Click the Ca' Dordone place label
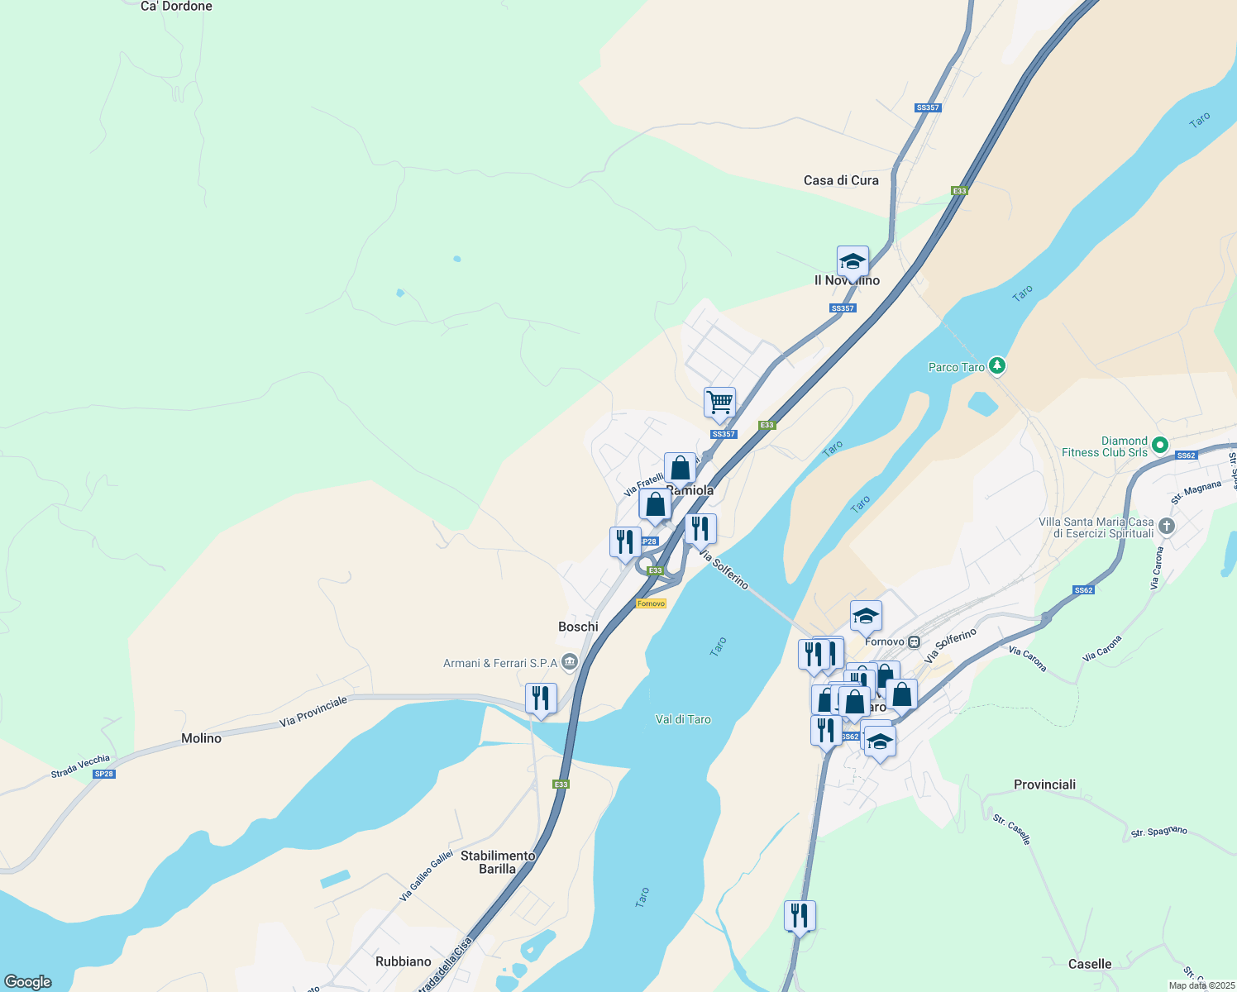point(176,7)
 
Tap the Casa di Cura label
point(841,180)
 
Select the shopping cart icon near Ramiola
point(719,403)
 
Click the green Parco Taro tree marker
point(998,365)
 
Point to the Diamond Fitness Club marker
point(1160,445)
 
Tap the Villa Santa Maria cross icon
point(1166,526)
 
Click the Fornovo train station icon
point(914,641)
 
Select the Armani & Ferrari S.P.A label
point(500,663)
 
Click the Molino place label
point(201,738)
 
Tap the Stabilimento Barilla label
point(498,862)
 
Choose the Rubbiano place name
point(404,961)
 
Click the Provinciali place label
point(1044,785)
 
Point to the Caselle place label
point(1089,964)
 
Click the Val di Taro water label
point(683,719)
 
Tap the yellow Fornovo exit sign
point(651,603)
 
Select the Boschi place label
point(578,627)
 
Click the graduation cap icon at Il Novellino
point(853,262)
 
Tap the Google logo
point(28,982)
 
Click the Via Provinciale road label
point(313,712)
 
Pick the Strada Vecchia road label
point(80,766)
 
